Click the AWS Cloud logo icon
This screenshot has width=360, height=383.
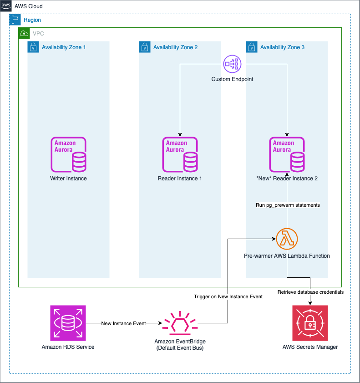click(6, 6)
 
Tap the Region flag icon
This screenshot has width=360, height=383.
click(15, 20)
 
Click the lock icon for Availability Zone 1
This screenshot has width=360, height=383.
click(33, 47)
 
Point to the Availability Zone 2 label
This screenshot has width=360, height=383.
click(175, 47)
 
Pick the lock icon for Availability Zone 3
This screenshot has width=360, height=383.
click(252, 47)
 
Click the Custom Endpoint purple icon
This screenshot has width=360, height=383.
click(232, 64)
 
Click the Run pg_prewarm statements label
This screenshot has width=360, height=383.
click(288, 205)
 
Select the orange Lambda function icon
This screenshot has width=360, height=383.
click(287, 238)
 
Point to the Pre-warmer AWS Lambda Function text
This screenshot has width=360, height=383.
click(287, 256)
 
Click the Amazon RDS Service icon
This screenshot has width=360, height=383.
click(68, 323)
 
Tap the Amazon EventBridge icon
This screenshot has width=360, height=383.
click(180, 323)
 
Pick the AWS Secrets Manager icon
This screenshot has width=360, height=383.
click(310, 323)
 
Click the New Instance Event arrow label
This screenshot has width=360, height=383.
click(123, 323)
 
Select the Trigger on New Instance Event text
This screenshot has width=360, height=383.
click(228, 296)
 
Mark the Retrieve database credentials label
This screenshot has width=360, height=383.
click(310, 291)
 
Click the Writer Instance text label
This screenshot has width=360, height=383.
click(68, 179)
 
